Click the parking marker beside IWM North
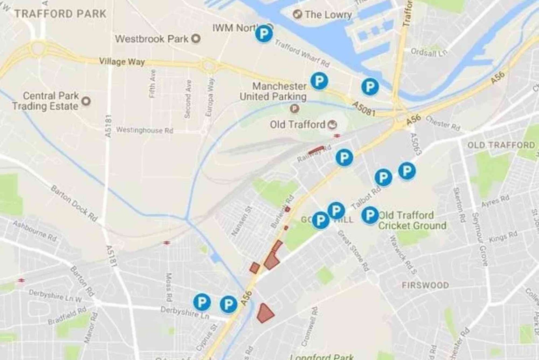(263, 34)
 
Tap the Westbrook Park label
(152, 39)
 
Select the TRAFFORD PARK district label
(60, 14)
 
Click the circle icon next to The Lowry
(297, 14)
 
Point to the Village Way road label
(122, 62)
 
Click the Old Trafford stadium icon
(332, 125)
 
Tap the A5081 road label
(364, 109)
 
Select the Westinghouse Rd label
(145, 130)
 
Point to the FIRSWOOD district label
(425, 285)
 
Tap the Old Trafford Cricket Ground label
(412, 220)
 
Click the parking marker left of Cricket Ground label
(370, 215)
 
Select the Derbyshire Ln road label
(185, 312)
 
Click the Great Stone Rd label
(353, 250)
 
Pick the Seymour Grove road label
(480, 239)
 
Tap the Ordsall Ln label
(429, 52)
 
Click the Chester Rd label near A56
(443, 123)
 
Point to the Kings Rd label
(503, 237)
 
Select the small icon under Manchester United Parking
(294, 108)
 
